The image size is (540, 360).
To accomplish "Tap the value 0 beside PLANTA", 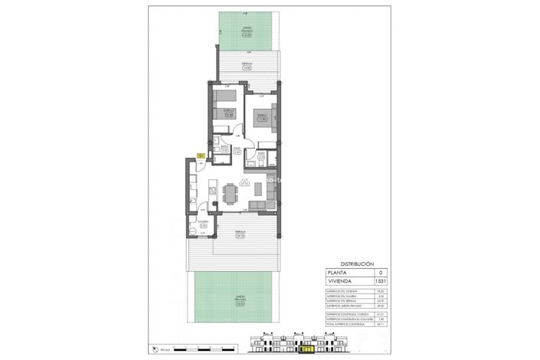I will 378,273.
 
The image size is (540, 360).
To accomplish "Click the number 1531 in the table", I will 378,282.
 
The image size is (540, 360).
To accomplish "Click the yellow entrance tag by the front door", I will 199,155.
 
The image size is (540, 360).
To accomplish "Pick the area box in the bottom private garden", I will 240,303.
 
